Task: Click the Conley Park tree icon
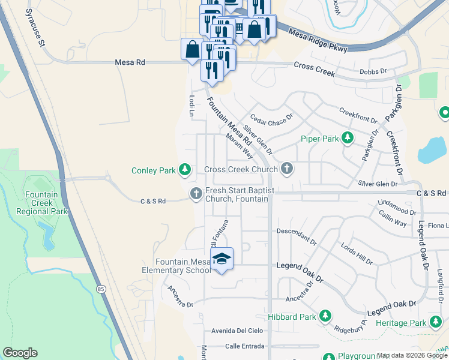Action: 185,170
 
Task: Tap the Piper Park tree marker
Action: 347,139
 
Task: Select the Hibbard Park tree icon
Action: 325,316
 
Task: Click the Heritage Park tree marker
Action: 435,323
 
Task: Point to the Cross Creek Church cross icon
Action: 287,169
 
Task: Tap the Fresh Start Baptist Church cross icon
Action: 195,193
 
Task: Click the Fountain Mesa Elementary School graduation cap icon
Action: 222,259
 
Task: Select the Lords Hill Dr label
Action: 357,254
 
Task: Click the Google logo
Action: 20,353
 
